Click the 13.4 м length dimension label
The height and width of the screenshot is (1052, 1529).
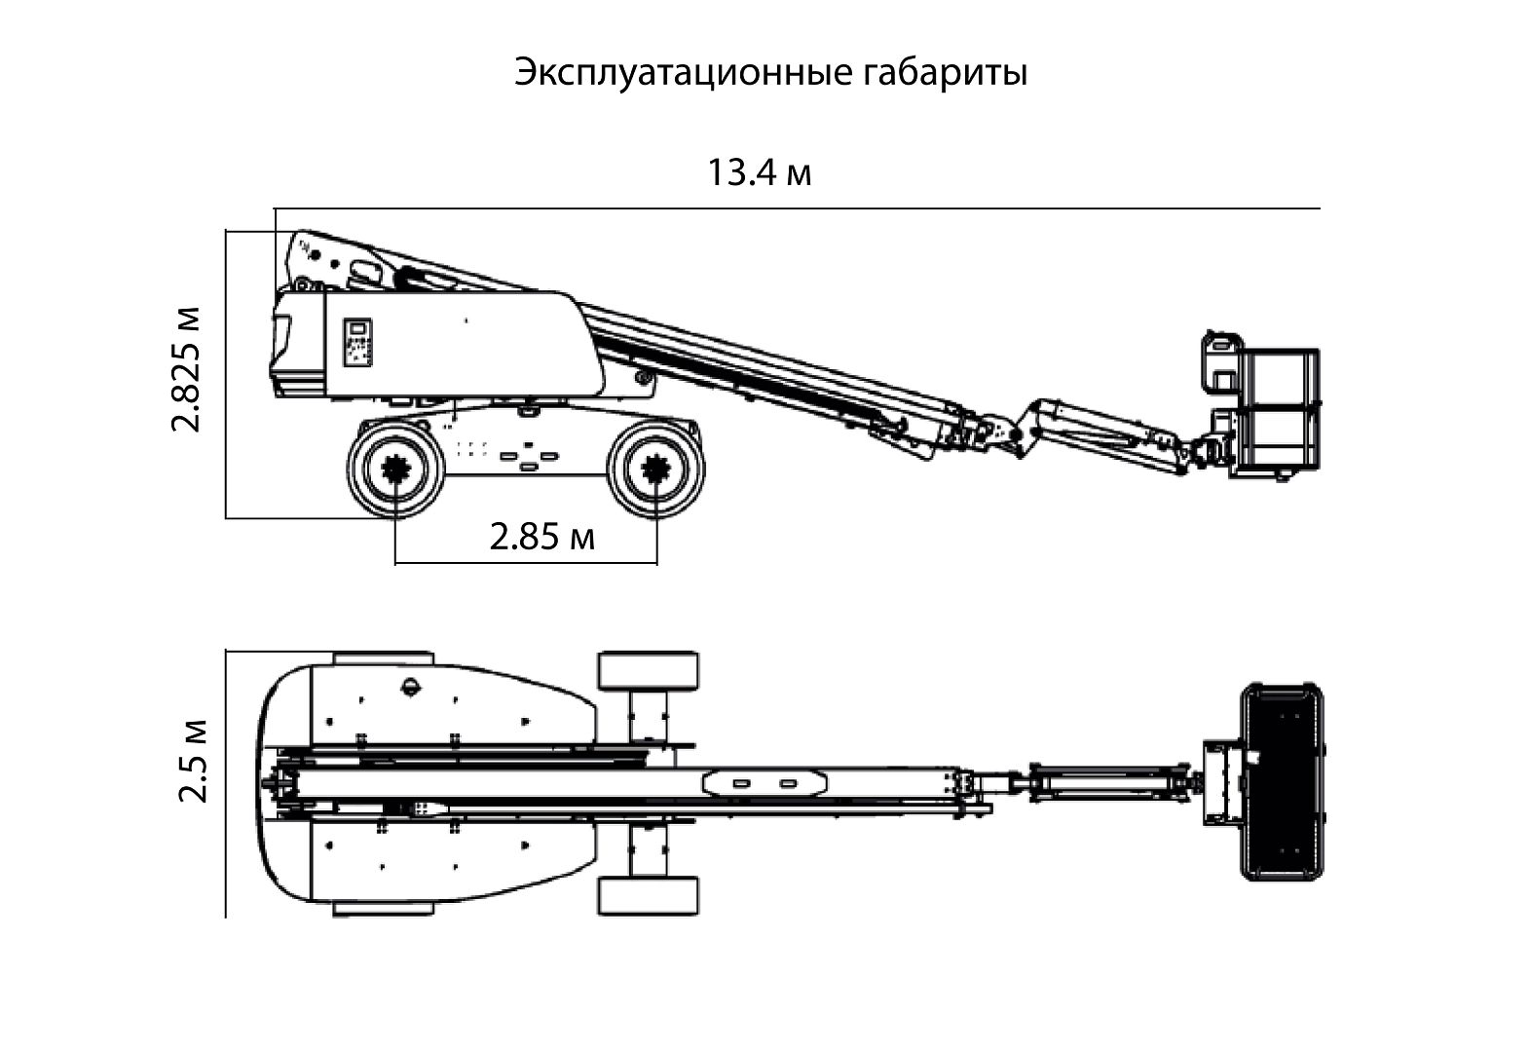759,172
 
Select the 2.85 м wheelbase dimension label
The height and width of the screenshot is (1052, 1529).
541,536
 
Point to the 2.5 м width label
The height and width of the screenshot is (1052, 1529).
194,761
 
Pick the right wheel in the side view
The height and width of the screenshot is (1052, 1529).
656,470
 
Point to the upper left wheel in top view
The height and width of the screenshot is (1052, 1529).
383,658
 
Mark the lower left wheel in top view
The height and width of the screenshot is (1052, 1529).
383,908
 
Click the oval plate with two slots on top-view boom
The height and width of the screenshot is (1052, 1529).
765,782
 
